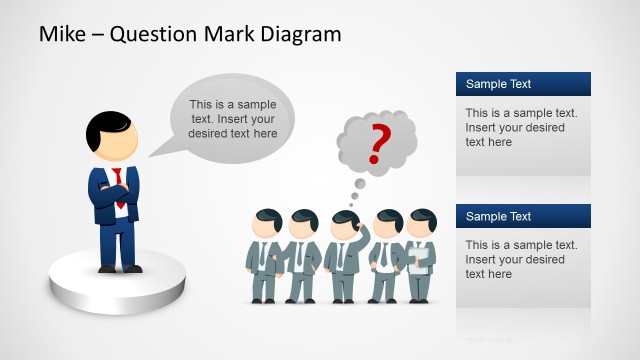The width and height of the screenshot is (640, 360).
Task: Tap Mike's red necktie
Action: click(118, 185)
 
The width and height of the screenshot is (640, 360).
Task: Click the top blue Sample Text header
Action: click(523, 84)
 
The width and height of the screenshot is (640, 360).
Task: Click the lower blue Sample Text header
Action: click(523, 216)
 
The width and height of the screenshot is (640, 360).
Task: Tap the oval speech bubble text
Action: click(233, 118)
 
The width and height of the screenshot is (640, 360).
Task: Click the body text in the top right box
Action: click(514, 127)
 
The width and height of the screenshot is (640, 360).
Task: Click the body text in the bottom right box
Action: click(514, 259)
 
